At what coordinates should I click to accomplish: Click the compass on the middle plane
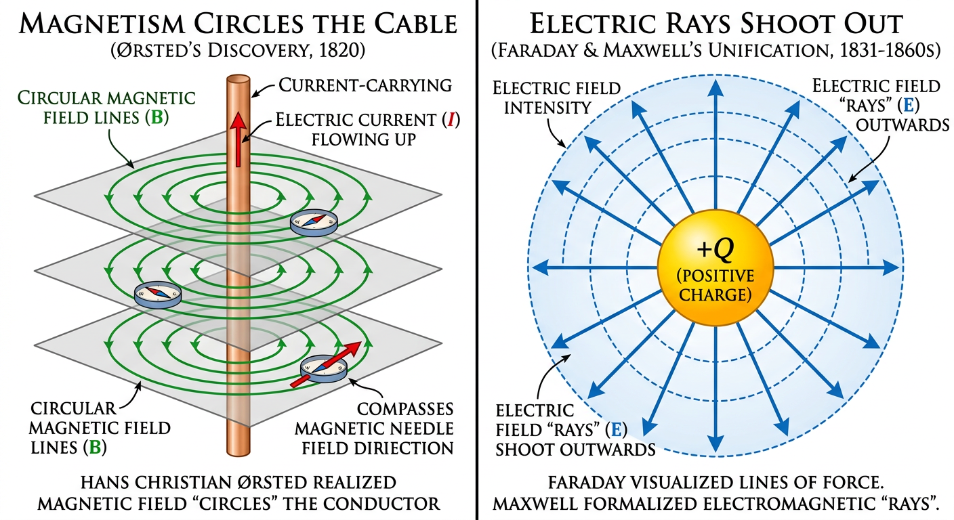(x=157, y=294)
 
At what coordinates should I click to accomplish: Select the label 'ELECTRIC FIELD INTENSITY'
(x=557, y=97)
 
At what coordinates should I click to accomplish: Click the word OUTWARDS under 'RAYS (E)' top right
(x=902, y=126)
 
